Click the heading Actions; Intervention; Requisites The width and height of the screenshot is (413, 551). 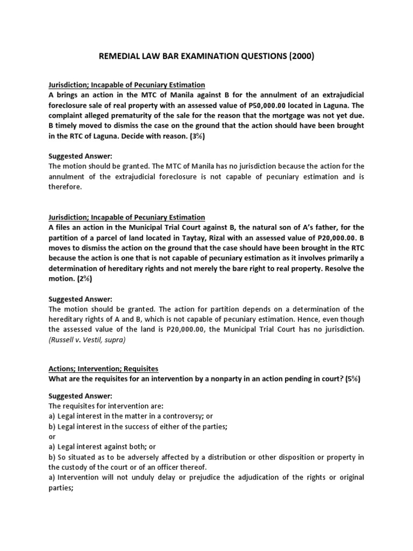click(x=103, y=368)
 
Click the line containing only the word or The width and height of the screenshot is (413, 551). click(x=52, y=436)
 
